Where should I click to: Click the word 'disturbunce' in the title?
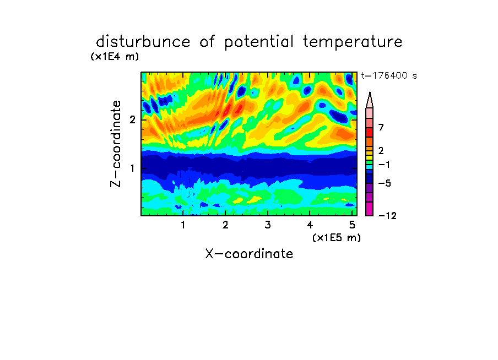pos(143,42)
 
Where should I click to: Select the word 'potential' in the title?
pos(258,42)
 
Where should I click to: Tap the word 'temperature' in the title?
pos(353,42)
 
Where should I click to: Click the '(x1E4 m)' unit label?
pos(115,57)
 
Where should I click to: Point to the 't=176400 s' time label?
pos(389,75)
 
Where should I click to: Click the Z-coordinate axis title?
pos(116,144)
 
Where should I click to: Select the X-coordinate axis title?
pos(249,254)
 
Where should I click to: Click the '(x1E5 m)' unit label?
pos(337,237)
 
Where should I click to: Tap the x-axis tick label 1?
pos(183,225)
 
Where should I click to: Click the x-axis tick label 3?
pos(268,225)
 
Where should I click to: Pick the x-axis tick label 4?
pos(310,225)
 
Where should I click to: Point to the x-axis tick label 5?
pos(352,225)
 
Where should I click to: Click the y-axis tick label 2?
pos(132,120)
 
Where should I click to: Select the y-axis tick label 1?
pos(132,168)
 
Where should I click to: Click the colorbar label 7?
pos(381,128)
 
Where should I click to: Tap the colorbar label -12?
pos(387,216)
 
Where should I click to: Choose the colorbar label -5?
pos(385,183)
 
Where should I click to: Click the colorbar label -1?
pos(384,165)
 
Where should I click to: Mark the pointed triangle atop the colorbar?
pos(370,100)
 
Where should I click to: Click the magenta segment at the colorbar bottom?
pos(370,209)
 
